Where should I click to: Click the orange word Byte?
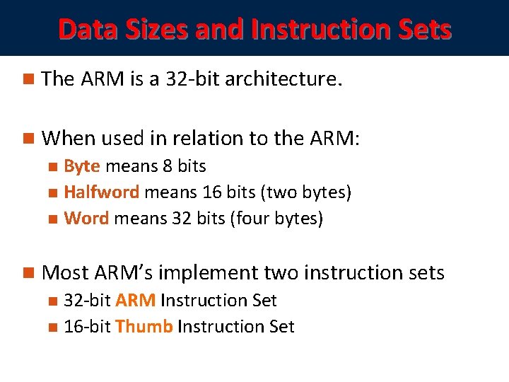coord(82,166)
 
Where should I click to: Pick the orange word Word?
coord(86,219)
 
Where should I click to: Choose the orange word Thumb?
coord(144,327)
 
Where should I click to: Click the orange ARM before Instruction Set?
coord(135,301)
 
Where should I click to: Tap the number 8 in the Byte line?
coord(168,166)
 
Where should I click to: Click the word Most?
coord(63,272)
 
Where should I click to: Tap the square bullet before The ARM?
coord(28,79)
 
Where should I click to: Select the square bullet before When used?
coord(28,139)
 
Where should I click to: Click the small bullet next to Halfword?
coord(53,193)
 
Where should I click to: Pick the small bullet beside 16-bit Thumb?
coord(53,328)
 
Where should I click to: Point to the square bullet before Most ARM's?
coord(28,272)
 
